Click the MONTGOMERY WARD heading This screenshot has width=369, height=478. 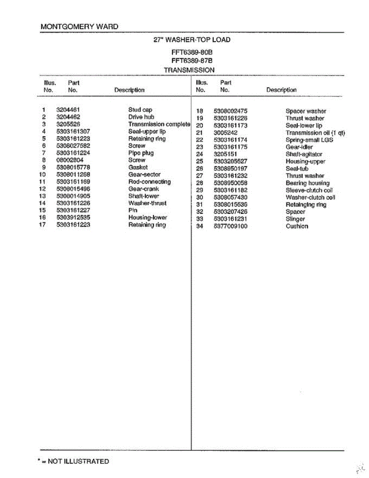pos(79,27)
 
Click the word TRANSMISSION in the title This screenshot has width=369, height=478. pos(189,70)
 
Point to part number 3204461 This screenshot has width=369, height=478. pos(68,110)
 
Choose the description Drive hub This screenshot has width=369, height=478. pos(141,117)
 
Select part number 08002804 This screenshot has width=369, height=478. pos(70,160)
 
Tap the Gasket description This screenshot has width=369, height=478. pos(138,167)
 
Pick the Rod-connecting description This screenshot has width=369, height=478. pos(149,182)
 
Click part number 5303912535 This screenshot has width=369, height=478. pos(73,217)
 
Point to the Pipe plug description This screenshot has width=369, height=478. pos(141,153)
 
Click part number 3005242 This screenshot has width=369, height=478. pos(225,133)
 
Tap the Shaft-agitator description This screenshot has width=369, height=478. pos(304,154)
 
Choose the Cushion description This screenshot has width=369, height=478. pos(297,226)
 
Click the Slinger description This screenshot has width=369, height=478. pos(295,219)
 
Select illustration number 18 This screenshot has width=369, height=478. pos(200,111)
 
